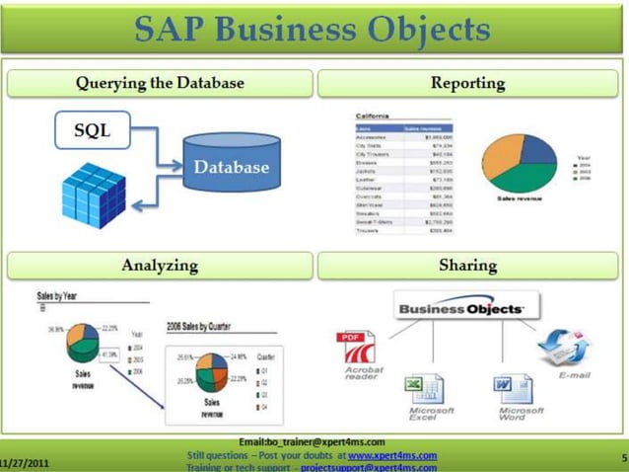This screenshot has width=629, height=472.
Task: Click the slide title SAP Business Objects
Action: coord(314,29)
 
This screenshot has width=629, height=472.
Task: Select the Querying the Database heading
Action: coord(160,83)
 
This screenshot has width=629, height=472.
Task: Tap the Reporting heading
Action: coord(467,83)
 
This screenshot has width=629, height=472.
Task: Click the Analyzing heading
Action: coord(160,265)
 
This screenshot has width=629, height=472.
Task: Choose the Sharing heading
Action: coord(467,265)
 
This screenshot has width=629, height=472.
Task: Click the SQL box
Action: coord(93,129)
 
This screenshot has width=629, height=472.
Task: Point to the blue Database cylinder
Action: coord(231,167)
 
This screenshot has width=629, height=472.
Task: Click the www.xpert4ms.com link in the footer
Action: coord(391,455)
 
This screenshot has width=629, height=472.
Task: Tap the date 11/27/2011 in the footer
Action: coord(24,460)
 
